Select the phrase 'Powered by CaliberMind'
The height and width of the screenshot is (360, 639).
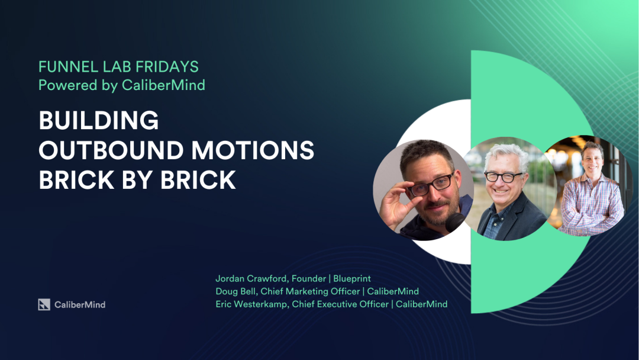pos(121,85)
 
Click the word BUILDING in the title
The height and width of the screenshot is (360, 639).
pos(99,121)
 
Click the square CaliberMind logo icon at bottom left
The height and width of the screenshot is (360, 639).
pos(44,304)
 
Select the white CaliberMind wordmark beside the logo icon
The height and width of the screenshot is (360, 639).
pos(80,304)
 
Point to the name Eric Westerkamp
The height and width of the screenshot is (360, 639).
pos(253,304)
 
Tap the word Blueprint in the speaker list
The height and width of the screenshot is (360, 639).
pos(352,279)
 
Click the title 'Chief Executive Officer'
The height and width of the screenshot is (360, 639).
pos(340,304)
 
